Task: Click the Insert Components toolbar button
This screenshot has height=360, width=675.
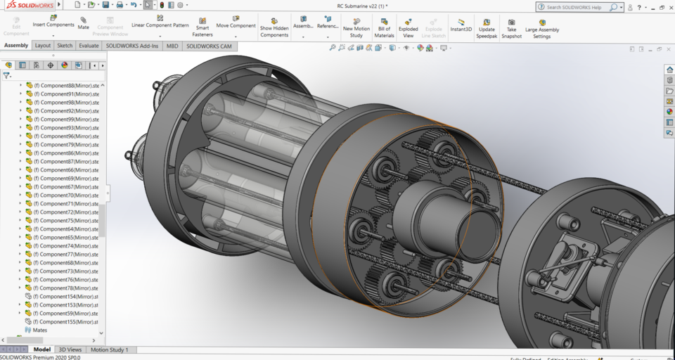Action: coord(53,20)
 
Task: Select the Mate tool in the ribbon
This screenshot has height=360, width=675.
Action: coord(84,23)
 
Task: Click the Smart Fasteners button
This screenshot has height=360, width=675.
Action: coord(202,26)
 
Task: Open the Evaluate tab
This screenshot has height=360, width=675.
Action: coord(89,46)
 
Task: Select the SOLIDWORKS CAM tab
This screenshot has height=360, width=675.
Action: coord(210,46)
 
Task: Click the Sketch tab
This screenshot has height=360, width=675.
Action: coord(65,46)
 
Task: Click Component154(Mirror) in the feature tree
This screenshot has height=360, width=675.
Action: coord(67,297)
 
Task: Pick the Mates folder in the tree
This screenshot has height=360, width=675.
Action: coord(40,330)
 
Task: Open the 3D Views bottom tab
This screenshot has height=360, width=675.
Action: coord(70,349)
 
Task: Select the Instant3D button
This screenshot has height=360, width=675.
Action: coord(461,25)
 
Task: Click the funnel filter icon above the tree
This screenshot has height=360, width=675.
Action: coord(7,75)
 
